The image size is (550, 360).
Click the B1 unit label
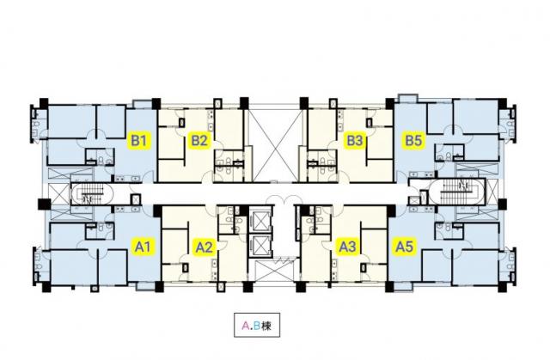[x=140, y=141]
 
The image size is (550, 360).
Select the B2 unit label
[x=200, y=141]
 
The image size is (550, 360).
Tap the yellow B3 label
[x=355, y=141]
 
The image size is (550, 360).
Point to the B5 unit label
[x=412, y=141]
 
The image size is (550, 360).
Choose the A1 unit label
[x=143, y=247]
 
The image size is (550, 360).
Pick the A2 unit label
[x=204, y=247]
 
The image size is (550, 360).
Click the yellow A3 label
[x=347, y=247]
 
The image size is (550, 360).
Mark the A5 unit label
[x=404, y=247]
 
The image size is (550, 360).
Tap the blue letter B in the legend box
[x=256, y=326]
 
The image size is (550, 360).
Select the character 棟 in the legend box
[x=266, y=326]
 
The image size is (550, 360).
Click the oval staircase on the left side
[x=87, y=193]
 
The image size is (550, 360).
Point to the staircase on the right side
[x=457, y=192]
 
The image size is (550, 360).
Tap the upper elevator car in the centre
[x=260, y=221]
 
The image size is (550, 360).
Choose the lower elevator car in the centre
[x=260, y=246]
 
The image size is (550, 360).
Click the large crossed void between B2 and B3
[x=275, y=144]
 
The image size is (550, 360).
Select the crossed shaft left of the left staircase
[x=56, y=193]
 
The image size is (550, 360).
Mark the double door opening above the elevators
[x=279, y=200]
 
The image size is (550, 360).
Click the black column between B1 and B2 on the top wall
[x=156, y=104]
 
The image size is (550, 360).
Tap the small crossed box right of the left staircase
[x=136, y=199]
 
